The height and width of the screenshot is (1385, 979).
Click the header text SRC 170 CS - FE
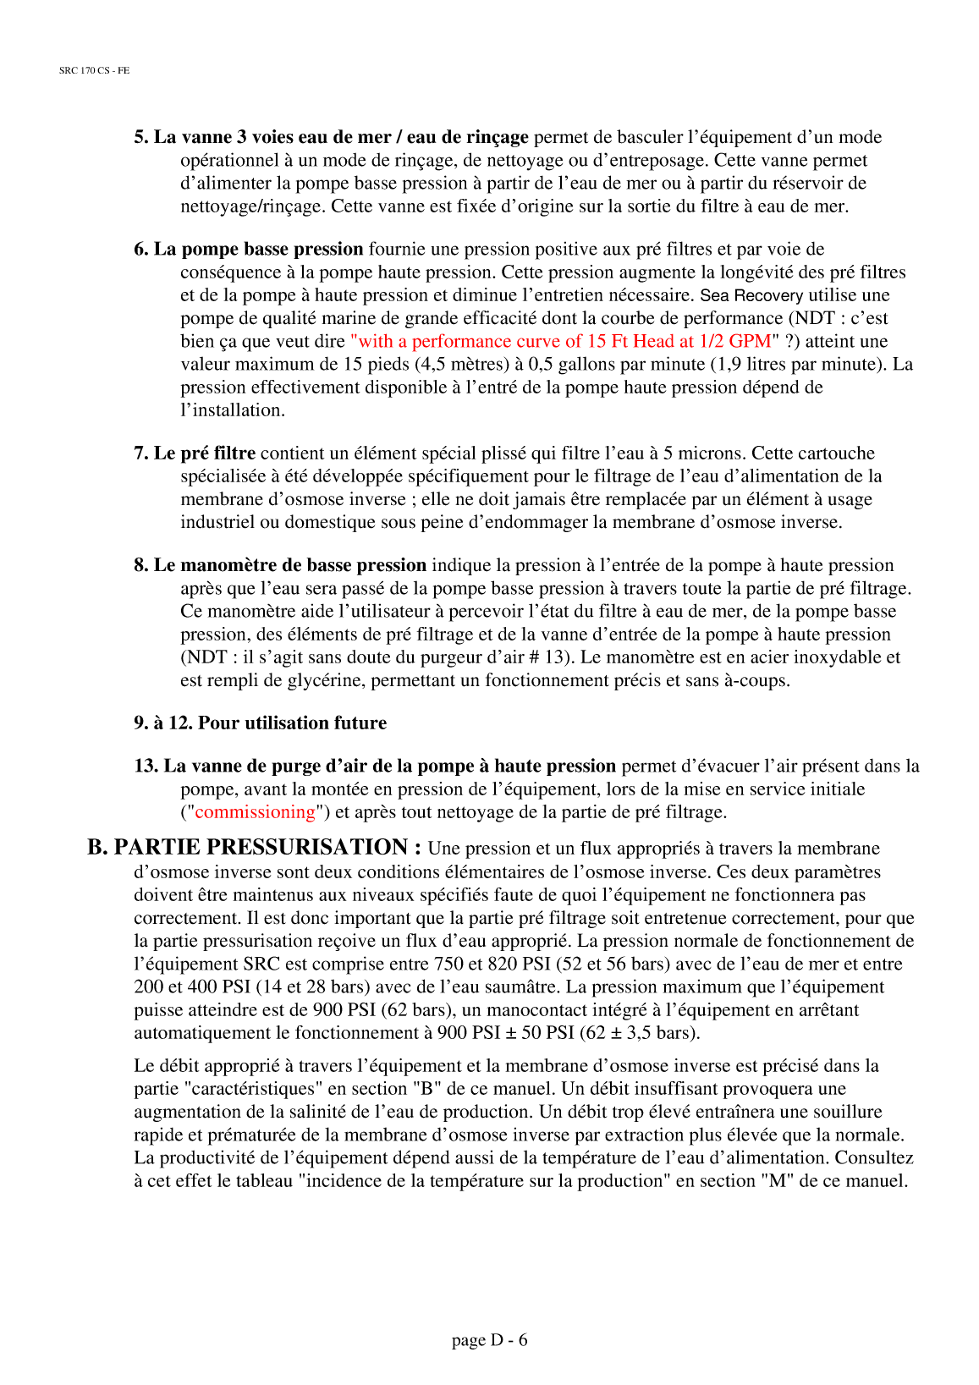(94, 70)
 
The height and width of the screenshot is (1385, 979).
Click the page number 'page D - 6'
(489, 1339)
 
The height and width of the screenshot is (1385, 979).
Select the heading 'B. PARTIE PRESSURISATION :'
(254, 847)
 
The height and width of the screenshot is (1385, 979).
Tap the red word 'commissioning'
(255, 812)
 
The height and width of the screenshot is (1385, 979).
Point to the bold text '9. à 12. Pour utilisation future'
(260, 723)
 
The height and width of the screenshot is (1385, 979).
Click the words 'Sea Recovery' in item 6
(751, 295)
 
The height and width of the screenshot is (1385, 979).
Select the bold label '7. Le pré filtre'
(195, 453)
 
